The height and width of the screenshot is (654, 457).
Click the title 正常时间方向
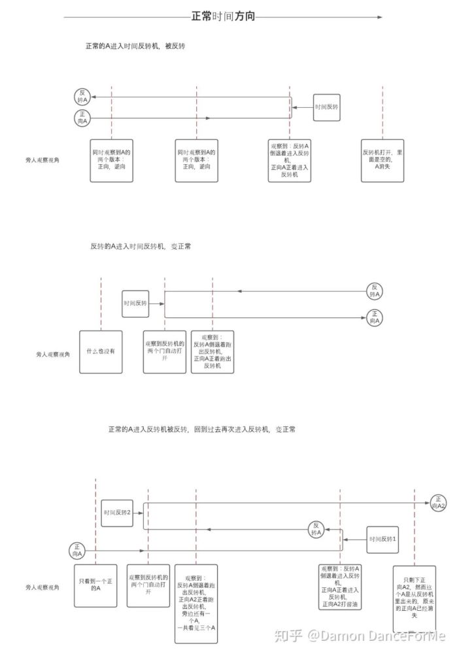click(x=223, y=17)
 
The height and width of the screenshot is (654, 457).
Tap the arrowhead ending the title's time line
click(x=379, y=17)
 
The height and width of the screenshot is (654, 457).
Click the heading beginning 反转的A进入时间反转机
click(x=140, y=247)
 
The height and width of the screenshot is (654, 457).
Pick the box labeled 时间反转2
click(x=118, y=512)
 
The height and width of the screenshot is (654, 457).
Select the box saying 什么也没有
click(x=101, y=351)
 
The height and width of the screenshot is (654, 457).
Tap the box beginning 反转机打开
click(x=382, y=160)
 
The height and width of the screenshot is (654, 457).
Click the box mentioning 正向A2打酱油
click(x=340, y=587)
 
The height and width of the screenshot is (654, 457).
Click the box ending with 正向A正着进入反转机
click(x=290, y=160)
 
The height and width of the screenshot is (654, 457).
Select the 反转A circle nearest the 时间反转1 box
click(x=316, y=529)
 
